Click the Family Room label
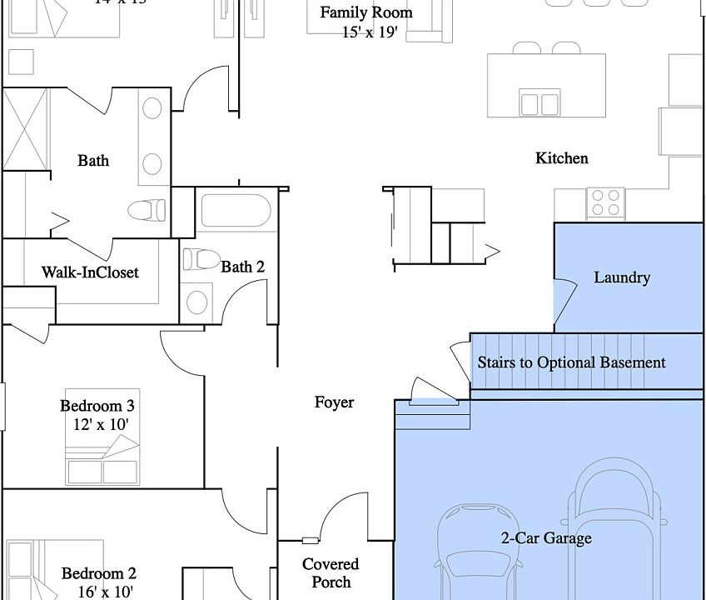tap(366, 12)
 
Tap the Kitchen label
tap(561, 158)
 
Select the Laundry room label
tap(621, 277)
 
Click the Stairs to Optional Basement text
tap(571, 362)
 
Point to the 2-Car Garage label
tap(545, 538)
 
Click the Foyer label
tap(334, 402)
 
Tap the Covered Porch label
tap(331, 573)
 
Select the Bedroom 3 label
tap(97, 407)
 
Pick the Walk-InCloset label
tap(90, 272)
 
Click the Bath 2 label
tap(243, 267)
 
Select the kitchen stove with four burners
tap(606, 202)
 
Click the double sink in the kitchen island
tap(539, 103)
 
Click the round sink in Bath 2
tap(198, 302)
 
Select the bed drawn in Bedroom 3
tap(103, 462)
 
